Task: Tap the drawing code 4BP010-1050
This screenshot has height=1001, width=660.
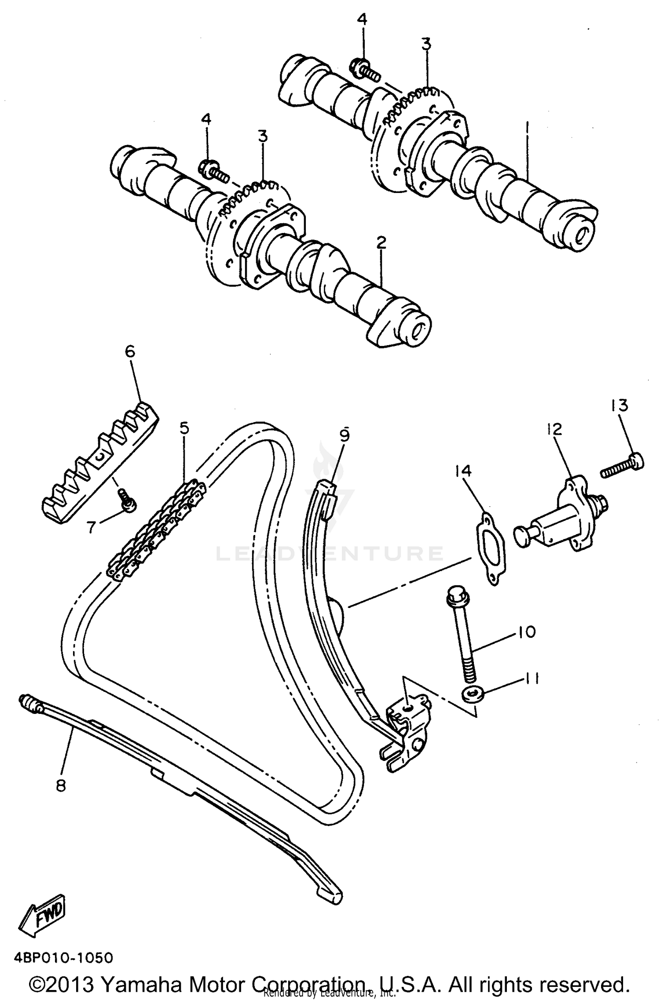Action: tap(62, 957)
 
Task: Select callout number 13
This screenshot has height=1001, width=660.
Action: tap(619, 405)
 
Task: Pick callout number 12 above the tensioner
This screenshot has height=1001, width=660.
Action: tap(554, 430)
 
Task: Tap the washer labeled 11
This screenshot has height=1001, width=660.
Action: tap(473, 695)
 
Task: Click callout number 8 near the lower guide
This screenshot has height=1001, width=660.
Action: tap(60, 785)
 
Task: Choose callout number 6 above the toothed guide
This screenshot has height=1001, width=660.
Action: tap(130, 352)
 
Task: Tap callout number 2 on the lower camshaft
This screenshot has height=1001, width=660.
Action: tap(381, 242)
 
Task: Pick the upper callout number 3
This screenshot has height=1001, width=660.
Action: tap(425, 44)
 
